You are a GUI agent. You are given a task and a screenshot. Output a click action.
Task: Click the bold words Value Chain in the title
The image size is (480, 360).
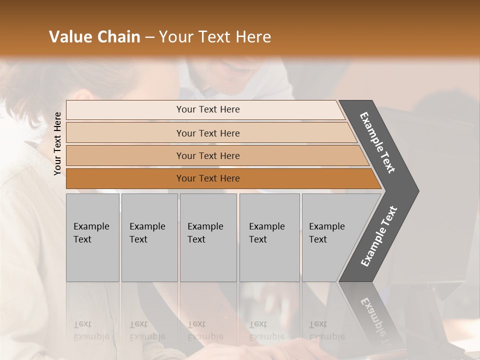tap(94, 37)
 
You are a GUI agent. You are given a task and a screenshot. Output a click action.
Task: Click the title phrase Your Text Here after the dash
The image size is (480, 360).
tap(215, 37)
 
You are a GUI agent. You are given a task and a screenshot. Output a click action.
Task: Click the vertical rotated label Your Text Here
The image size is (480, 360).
tap(58, 143)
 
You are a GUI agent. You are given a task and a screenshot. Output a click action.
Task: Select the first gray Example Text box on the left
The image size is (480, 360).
tap(92, 237)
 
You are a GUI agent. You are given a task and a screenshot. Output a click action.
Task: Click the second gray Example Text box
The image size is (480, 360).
tap(149, 237)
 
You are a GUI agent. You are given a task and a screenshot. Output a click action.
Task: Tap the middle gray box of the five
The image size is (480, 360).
tap(208, 237)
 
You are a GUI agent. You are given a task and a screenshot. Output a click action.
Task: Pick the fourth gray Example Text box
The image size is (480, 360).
tap(269, 237)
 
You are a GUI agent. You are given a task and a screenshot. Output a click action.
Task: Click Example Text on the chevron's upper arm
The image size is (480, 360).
tap(377, 142)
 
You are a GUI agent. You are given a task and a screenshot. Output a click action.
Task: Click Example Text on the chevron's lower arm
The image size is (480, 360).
tap(378, 236)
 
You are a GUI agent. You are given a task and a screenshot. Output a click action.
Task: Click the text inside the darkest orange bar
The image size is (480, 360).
tap(208, 178)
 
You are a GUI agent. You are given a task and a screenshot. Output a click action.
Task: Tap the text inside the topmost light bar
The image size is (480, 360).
tap(208, 109)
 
